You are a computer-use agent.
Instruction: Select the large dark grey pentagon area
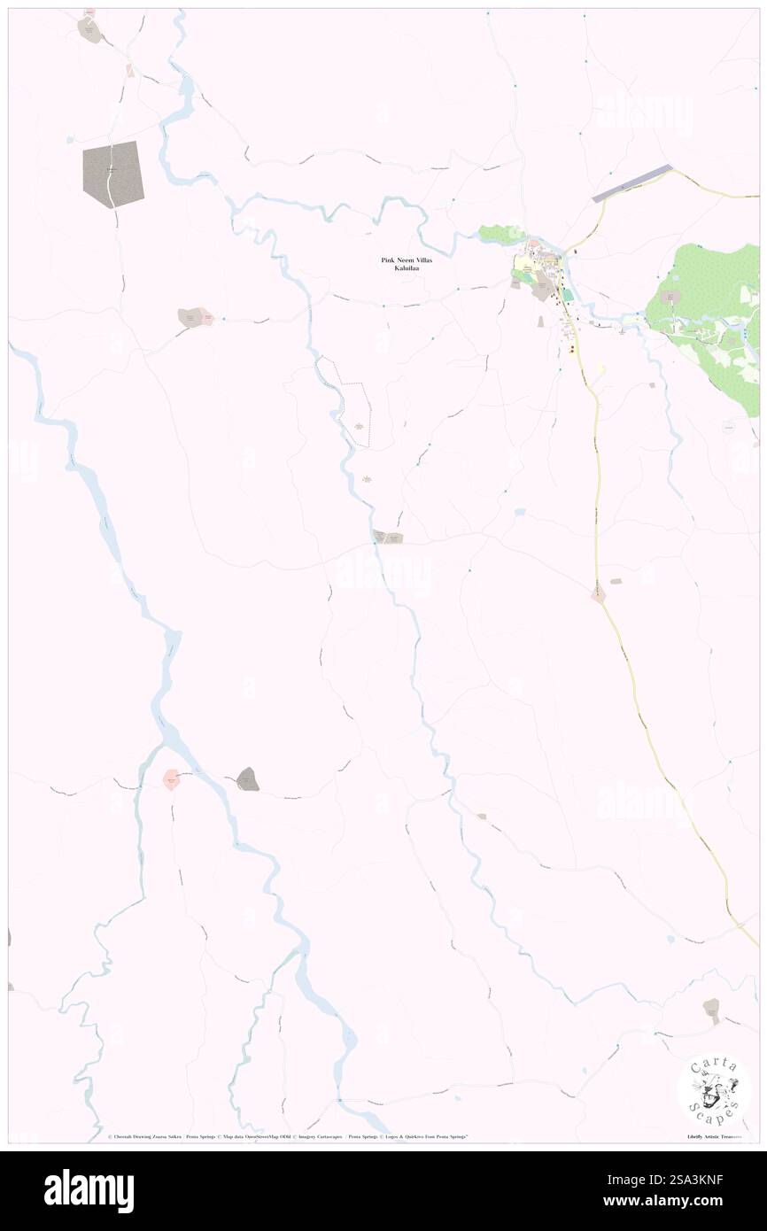pos(112,174)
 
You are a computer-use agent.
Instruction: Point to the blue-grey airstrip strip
pos(631,182)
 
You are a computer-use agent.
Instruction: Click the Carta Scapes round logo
pos(713,1090)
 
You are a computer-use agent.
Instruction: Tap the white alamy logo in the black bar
pos(89,1190)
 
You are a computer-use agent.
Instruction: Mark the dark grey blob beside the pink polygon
pos(248,779)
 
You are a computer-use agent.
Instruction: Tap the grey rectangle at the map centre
pos(388,537)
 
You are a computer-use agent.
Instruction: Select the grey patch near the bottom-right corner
pos(710,1008)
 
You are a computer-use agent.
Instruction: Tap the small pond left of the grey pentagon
pos(69,139)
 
